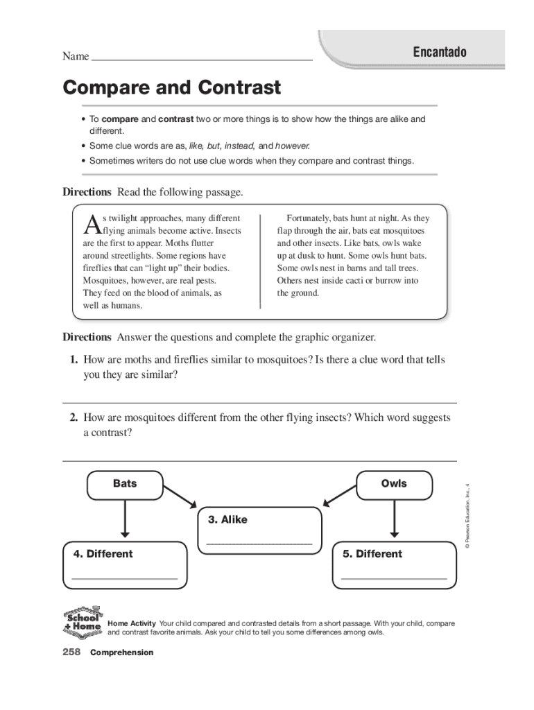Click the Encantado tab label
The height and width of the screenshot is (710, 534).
440,53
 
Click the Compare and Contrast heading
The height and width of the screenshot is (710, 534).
172,88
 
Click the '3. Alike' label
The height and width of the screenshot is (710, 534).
227,519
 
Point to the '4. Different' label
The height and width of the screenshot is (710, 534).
103,554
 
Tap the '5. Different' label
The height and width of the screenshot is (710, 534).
372,554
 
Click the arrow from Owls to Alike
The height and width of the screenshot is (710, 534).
339,496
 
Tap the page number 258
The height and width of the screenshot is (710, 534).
72,652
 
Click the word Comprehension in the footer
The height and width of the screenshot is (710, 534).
121,653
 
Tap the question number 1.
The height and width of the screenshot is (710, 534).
73,360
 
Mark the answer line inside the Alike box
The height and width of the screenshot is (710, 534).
259,544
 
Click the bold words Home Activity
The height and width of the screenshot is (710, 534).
132,624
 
